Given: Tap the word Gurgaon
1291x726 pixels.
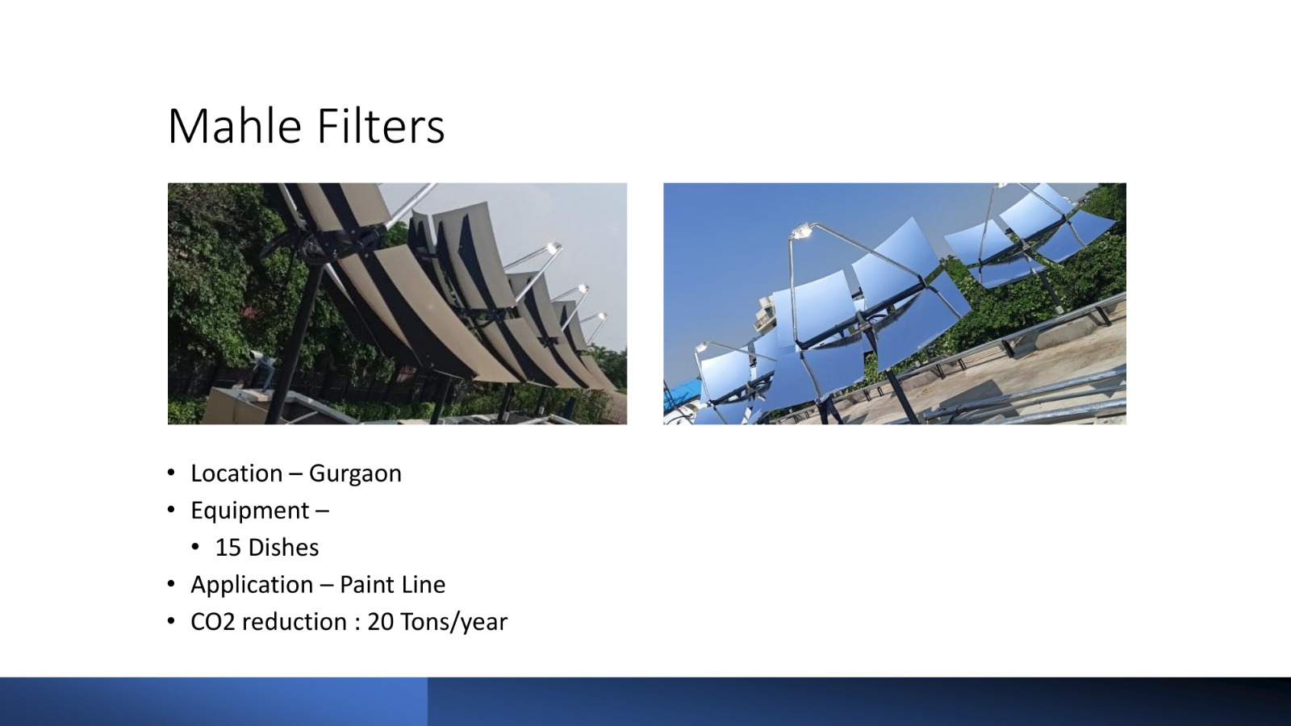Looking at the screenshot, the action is (355, 474).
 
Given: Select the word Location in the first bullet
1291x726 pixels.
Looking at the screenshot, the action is (236, 474).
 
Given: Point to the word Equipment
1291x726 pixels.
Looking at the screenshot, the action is (250, 511).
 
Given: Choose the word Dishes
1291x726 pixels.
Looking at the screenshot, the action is (283, 548).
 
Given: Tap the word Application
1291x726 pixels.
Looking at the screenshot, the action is (252, 586).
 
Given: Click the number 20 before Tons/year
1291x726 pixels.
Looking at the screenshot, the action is (380, 622).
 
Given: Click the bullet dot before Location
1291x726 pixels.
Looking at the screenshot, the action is (171, 474).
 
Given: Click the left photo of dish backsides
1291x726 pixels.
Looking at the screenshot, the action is (397, 303).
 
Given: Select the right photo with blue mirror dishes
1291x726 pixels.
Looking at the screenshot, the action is (895, 303).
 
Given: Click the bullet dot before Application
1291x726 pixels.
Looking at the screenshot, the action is (171, 585).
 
